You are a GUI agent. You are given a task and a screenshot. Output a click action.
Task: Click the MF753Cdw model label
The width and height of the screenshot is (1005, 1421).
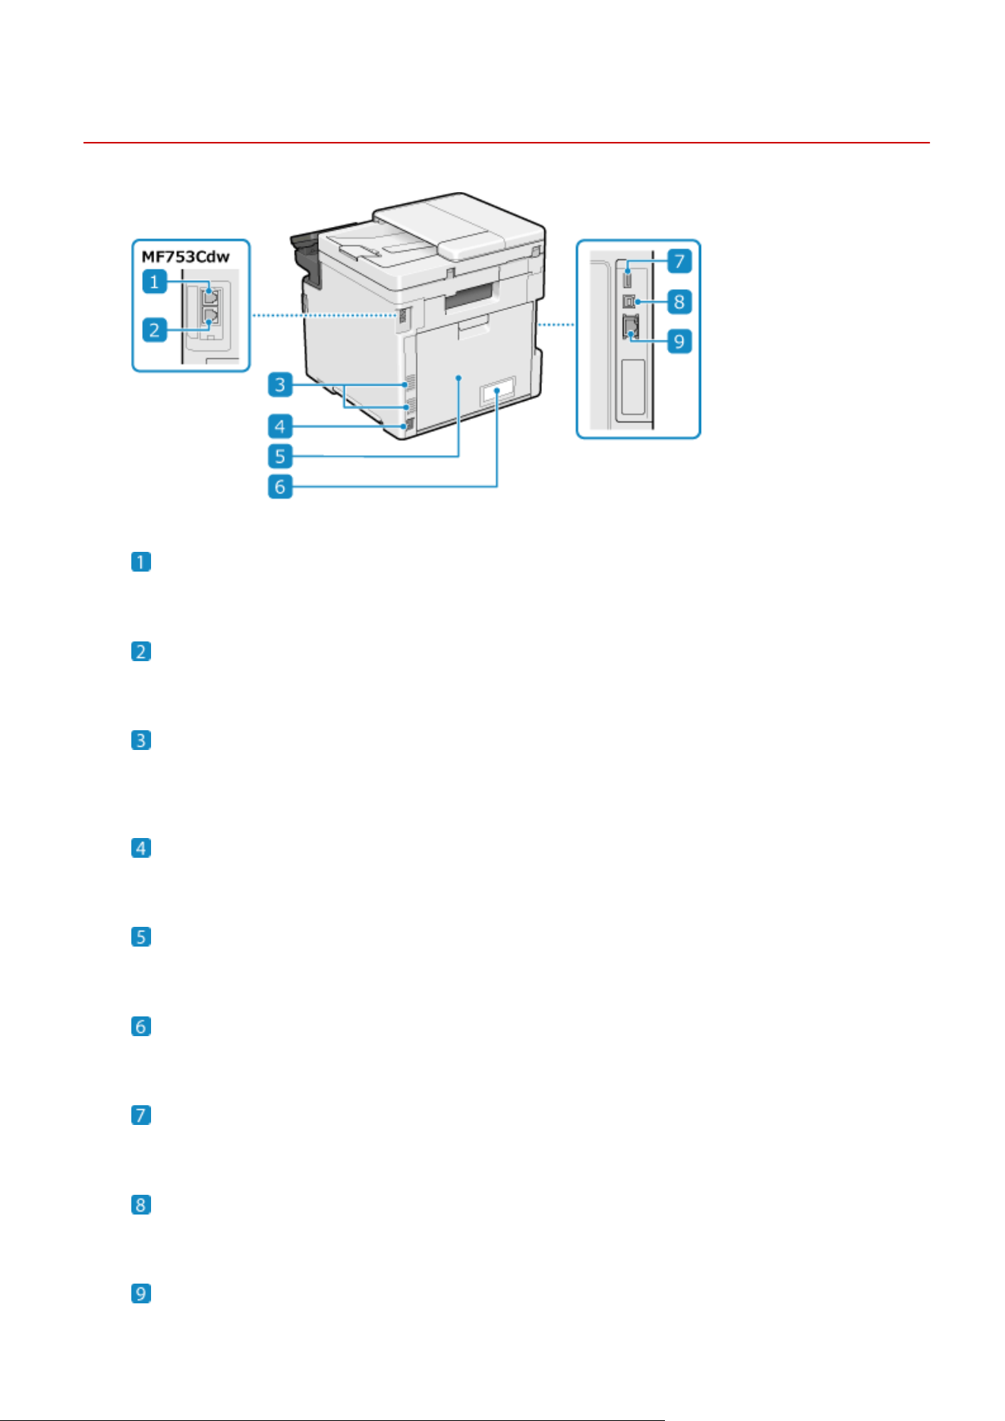click(185, 257)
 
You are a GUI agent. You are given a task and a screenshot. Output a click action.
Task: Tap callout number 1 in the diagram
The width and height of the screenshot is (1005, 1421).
click(155, 282)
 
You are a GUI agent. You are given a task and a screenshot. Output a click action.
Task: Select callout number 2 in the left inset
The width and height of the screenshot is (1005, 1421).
click(155, 329)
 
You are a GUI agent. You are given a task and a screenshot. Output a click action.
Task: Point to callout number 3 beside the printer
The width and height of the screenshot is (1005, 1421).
click(280, 385)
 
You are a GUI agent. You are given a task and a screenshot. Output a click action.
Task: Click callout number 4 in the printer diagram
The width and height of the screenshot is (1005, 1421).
click(280, 426)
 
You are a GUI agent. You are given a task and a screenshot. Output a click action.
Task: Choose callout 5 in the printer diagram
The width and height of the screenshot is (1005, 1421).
click(280, 456)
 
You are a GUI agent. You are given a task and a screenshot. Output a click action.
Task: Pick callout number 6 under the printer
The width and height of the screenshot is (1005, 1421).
click(280, 486)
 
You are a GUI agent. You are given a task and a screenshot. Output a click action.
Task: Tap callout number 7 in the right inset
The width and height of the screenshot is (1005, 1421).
click(679, 262)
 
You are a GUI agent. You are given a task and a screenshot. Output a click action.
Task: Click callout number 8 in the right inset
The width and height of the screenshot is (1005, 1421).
click(679, 301)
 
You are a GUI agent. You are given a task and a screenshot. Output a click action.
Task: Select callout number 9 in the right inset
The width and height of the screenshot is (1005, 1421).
click(679, 341)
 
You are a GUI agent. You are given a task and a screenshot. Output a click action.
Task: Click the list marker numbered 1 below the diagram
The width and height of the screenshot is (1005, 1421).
click(141, 562)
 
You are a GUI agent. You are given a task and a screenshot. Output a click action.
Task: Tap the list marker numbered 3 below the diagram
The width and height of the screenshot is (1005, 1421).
click(141, 740)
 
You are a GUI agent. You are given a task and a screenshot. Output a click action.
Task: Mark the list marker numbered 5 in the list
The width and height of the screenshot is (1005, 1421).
click(141, 937)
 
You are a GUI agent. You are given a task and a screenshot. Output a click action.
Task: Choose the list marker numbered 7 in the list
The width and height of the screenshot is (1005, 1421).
click(141, 1115)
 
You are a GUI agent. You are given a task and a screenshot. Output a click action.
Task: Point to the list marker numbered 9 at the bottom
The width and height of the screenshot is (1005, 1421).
click(141, 1293)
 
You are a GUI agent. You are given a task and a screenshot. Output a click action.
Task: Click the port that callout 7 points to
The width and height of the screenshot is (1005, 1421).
click(628, 276)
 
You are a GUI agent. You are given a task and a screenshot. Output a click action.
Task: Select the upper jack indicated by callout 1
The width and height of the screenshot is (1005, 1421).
click(210, 295)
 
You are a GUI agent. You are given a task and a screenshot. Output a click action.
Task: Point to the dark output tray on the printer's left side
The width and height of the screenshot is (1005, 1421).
click(306, 262)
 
